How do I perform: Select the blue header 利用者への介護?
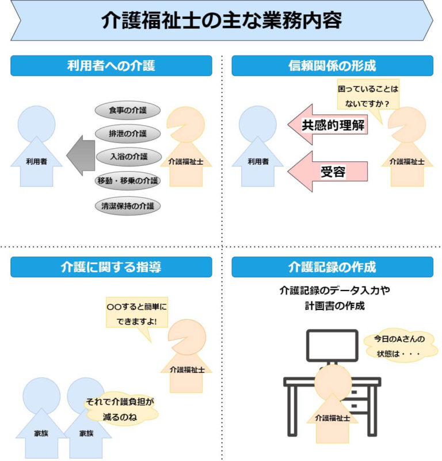coord(111,66)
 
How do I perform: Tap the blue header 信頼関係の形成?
coord(332,66)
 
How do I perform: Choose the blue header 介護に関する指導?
coord(111,267)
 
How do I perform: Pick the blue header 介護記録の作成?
coord(332,267)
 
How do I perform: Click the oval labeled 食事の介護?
coord(127,110)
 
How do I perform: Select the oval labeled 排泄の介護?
coord(127,134)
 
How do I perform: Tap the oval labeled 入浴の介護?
coord(127,157)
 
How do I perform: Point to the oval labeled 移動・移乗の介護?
coord(127,181)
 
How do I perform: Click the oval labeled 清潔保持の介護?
coord(127,205)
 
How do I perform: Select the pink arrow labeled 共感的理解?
coord(328,126)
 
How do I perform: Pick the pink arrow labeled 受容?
coord(328,171)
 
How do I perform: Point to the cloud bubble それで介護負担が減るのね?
coord(120,409)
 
